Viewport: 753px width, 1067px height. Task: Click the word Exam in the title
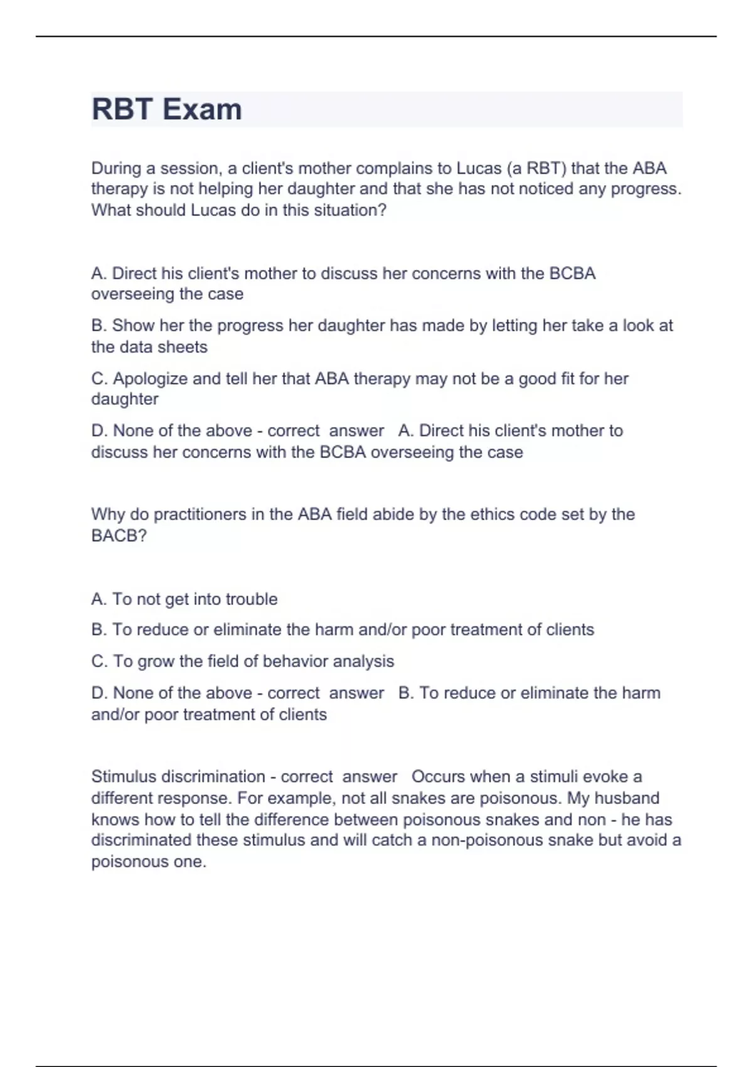pos(202,109)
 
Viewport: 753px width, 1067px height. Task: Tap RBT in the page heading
pos(122,109)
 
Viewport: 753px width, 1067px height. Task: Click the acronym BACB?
pos(119,535)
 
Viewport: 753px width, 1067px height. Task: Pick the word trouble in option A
pos(251,599)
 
